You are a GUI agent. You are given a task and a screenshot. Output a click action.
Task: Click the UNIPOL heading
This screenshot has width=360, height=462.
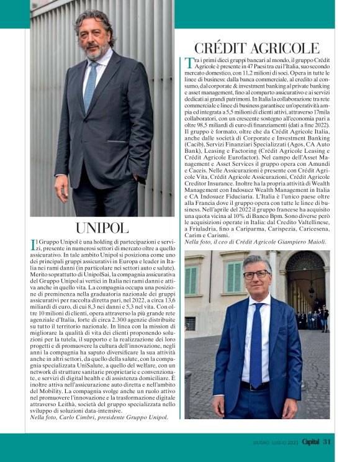tap(102, 227)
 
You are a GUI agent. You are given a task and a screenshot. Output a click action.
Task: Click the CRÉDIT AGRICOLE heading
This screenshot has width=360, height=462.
tap(257, 48)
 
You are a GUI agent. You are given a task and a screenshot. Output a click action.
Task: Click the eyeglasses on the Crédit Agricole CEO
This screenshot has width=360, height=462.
tap(257, 274)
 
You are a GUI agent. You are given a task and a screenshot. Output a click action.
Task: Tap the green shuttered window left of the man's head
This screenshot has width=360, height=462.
tap(232, 277)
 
